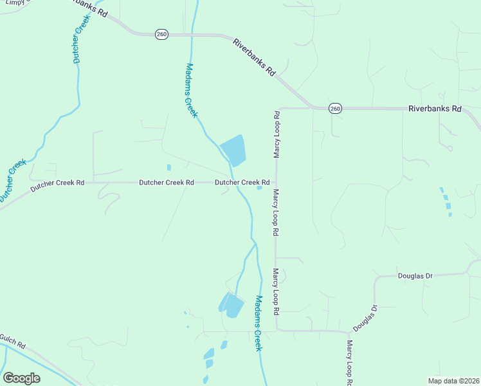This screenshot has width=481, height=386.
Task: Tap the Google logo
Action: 21,378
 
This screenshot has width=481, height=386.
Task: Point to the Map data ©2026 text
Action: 453,381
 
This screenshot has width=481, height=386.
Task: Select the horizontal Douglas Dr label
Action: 415,275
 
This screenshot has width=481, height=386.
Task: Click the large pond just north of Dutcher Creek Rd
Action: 234,151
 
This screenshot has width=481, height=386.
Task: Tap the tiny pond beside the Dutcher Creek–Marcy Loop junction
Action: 260,188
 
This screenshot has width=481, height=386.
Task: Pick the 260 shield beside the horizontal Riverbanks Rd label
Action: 335,109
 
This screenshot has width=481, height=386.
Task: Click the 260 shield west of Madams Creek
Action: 162,34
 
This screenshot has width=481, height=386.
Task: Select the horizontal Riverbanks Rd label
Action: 435,109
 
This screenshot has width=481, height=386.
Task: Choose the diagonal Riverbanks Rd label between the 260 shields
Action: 254,58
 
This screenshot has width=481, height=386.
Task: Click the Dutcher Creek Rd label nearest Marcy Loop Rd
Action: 242,183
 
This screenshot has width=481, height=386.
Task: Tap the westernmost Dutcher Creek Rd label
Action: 57,183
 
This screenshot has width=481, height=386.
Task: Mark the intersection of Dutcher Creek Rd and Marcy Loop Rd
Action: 277,182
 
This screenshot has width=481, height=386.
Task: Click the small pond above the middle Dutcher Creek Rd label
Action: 168,167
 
